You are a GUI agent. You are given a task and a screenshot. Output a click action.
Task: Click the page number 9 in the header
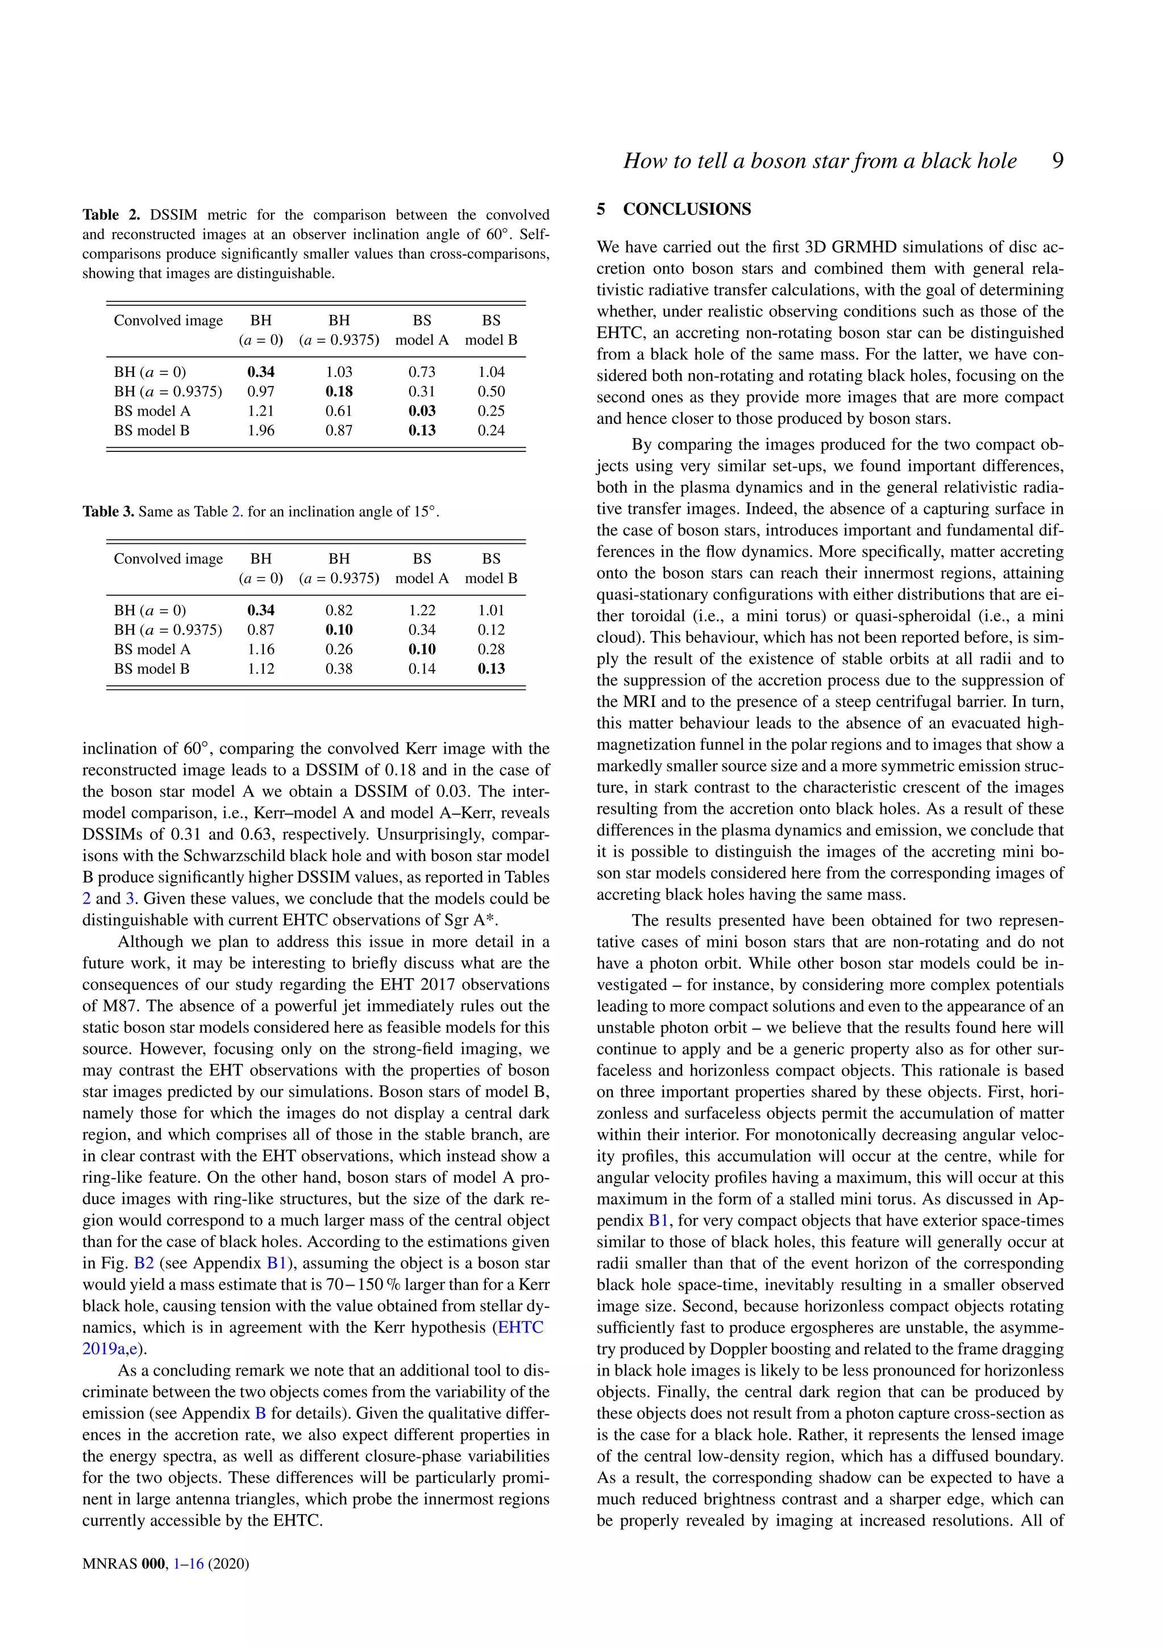point(1057,161)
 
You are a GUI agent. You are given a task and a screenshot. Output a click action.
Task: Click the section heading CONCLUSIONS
point(687,209)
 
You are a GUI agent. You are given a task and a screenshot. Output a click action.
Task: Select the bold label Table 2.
point(111,215)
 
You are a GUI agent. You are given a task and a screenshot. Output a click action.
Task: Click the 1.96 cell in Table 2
point(261,431)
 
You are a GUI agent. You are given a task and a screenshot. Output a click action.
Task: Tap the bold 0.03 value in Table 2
point(422,411)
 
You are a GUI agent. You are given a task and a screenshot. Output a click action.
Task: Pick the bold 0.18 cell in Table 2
point(339,392)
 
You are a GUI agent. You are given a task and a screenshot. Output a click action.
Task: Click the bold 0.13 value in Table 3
point(491,669)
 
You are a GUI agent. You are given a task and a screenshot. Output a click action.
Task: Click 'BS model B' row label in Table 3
point(152,669)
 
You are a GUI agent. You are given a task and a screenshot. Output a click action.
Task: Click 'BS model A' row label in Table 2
point(152,411)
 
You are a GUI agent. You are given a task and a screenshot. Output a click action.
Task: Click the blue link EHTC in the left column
point(521,1328)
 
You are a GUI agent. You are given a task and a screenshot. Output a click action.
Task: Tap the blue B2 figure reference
point(144,1263)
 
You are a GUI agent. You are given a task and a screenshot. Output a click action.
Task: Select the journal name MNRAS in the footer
point(109,1564)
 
